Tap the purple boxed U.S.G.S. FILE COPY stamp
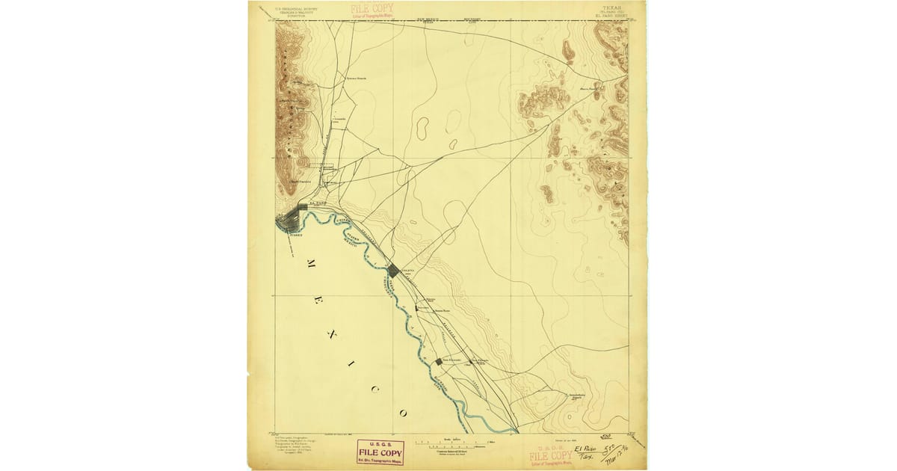[x=380, y=453]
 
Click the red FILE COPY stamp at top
[x=372, y=10]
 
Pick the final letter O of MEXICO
[x=403, y=412]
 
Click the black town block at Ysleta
[x=394, y=271]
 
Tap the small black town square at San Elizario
[x=438, y=362]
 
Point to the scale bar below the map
[x=446, y=444]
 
